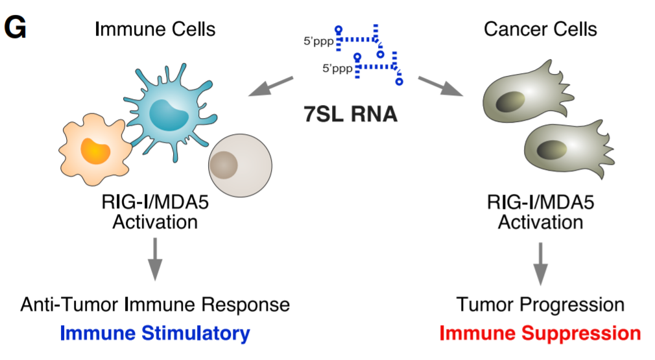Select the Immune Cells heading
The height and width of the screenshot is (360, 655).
pyautogui.click(x=155, y=29)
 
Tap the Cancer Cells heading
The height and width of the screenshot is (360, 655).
pyautogui.click(x=540, y=29)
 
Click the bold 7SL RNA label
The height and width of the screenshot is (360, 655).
pyautogui.click(x=350, y=114)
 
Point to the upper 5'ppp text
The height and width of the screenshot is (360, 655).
pyautogui.click(x=318, y=41)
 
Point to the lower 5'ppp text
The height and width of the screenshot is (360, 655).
pyautogui.click(x=339, y=67)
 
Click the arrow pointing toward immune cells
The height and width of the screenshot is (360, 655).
pyautogui.click(x=270, y=86)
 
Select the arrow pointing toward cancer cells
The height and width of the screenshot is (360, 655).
pyautogui.click(x=440, y=86)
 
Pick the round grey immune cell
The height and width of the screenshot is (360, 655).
pyautogui.click(x=239, y=166)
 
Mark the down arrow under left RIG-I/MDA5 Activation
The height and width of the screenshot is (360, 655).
pyautogui.click(x=155, y=259)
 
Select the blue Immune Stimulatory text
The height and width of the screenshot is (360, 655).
pyautogui.click(x=155, y=334)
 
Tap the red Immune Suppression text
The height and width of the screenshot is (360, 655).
pyautogui.click(x=540, y=334)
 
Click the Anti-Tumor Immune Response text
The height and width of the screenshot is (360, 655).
pyautogui.click(x=155, y=305)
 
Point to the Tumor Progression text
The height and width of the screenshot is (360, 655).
pyautogui.click(x=540, y=305)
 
